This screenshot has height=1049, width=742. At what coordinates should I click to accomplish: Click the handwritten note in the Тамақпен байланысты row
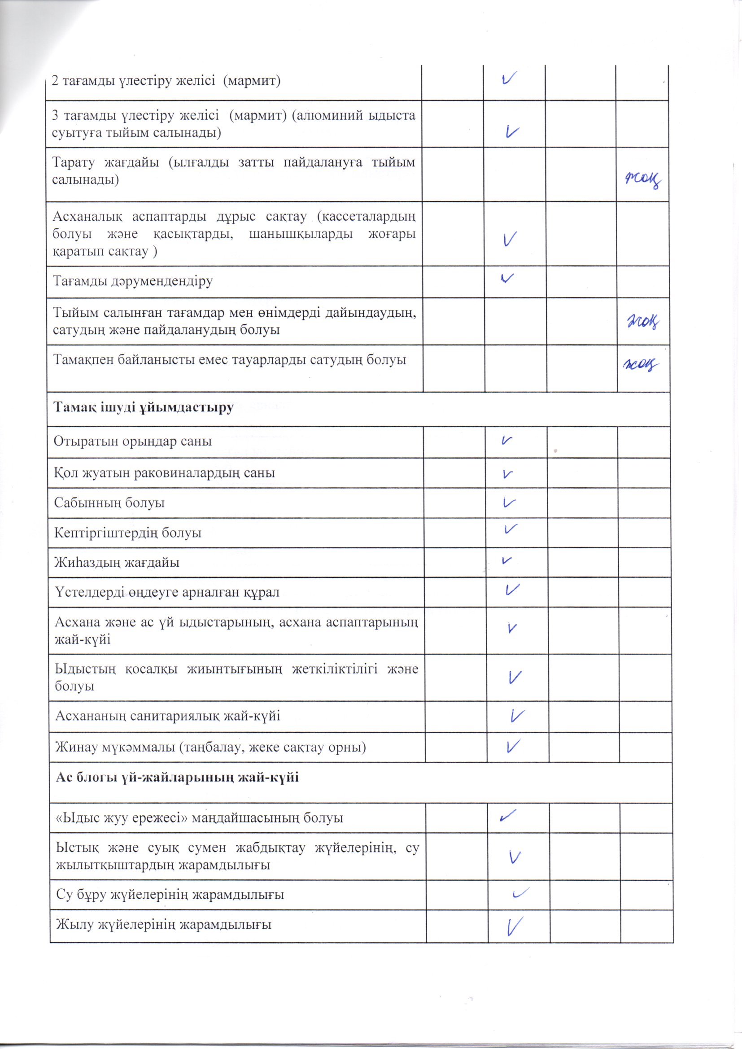[x=641, y=365]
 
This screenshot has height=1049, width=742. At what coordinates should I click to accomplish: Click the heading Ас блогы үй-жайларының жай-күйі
[x=177, y=777]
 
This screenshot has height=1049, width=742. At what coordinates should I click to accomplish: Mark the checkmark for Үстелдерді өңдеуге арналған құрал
[x=513, y=590]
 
